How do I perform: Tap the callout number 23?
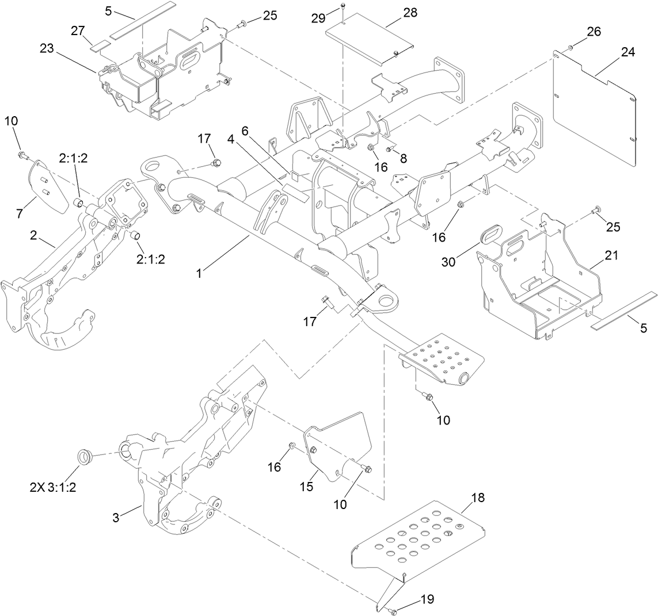[x=47, y=49]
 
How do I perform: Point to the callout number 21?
[x=611, y=255]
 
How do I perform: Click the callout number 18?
[x=477, y=498]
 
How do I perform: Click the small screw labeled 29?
[x=343, y=6]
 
